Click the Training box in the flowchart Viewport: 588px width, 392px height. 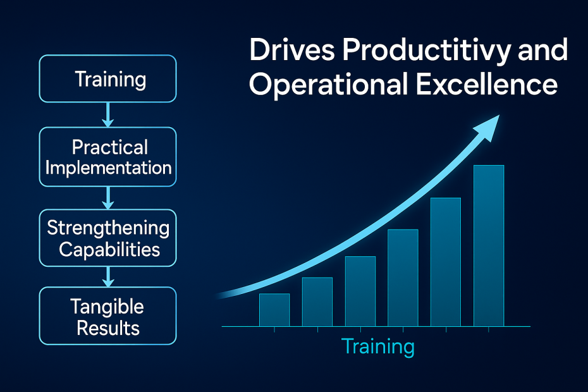click(107, 79)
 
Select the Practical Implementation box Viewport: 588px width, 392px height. click(107, 157)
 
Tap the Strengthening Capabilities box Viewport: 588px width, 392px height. click(107, 238)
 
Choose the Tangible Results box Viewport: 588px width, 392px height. click(107, 316)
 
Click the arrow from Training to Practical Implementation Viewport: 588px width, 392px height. click(108, 115)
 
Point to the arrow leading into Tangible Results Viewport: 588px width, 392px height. click(108, 277)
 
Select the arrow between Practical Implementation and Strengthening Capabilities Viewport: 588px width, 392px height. click(108, 198)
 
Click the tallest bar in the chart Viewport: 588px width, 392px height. click(489, 246)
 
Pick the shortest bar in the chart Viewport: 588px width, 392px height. click(274, 310)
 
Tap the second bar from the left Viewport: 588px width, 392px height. click(317, 302)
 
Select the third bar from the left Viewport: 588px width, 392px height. click(360, 291)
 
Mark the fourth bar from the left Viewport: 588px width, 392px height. click(403, 278)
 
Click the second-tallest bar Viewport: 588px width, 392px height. click(446, 262)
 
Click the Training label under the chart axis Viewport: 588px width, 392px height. click(378, 346)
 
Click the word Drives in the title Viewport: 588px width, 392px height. click(292, 49)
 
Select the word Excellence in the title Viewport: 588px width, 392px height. click(487, 84)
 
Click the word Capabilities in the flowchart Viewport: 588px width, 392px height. click(109, 250)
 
